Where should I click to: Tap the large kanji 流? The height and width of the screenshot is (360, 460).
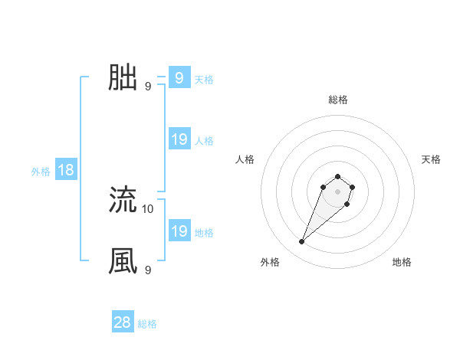point(123,200)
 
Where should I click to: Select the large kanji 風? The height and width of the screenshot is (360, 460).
point(123,261)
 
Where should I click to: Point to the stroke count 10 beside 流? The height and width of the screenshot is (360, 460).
point(148,208)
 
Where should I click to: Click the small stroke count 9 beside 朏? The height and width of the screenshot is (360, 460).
point(148,86)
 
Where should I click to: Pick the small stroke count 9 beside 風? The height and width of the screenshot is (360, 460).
point(148,270)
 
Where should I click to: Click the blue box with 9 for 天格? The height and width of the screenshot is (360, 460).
point(179,78)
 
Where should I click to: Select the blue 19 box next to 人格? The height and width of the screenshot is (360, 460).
point(179,139)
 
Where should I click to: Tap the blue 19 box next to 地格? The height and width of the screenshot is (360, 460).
point(179,231)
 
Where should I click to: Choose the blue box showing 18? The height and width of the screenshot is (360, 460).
point(66,170)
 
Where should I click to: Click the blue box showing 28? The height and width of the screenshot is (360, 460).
point(122,322)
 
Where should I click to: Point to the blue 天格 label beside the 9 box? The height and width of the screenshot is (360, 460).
point(204,80)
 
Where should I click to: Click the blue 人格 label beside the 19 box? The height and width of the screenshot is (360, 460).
point(204,141)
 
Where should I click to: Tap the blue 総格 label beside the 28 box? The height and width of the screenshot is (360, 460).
point(147,324)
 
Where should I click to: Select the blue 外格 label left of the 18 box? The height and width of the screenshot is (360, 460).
point(41,172)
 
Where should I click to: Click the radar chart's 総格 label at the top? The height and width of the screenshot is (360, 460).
point(338,100)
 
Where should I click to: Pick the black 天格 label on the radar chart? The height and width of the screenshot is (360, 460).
point(431,159)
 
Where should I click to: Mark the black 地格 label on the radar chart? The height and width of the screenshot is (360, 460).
point(402,262)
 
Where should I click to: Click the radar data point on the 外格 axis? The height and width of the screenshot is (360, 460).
point(302,242)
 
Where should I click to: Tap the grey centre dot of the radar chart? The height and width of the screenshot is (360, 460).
point(338,191)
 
